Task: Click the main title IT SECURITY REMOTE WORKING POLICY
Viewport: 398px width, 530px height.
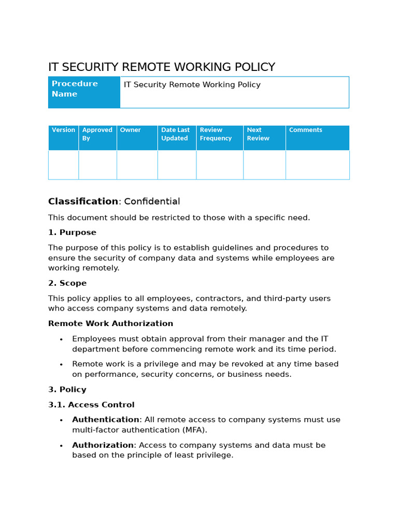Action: click(161, 67)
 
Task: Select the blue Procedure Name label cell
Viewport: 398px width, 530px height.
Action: click(84, 92)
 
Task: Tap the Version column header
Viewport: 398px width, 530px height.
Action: click(63, 138)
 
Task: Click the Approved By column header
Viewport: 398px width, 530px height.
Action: click(97, 138)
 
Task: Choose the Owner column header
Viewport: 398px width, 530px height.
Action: click(137, 138)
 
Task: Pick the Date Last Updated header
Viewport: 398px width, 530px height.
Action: click(177, 138)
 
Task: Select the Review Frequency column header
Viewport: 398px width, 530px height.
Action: click(219, 138)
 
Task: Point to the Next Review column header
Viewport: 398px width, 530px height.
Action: click(264, 138)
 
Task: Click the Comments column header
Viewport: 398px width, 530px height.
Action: click(317, 138)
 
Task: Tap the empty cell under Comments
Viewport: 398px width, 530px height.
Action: click(317, 165)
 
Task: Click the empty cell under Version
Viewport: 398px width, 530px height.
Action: click(63, 165)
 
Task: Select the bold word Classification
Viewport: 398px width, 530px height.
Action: click(83, 201)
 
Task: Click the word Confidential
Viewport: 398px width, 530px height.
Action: click(152, 201)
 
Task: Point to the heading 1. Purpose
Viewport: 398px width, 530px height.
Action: click(72, 232)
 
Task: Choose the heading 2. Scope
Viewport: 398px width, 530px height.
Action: click(67, 283)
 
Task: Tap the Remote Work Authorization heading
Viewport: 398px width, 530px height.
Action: click(110, 323)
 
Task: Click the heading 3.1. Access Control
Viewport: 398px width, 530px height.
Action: click(91, 405)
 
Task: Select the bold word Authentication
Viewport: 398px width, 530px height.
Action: click(106, 420)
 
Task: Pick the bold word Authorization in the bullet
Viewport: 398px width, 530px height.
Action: click(103, 445)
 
